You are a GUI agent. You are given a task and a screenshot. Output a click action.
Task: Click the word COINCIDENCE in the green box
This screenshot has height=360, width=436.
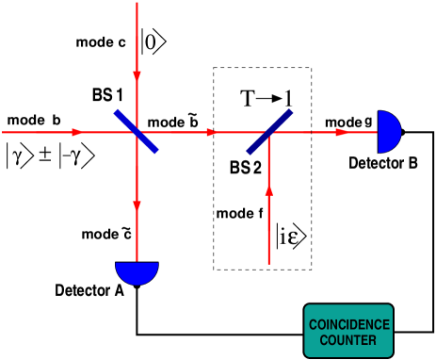click(348, 325)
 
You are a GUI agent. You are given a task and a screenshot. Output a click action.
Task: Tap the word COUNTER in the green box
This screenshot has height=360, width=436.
click(348, 340)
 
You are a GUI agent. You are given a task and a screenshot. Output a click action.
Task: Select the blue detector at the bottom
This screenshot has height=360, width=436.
click(137, 272)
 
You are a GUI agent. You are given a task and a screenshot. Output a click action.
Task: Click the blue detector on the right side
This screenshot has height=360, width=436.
click(389, 132)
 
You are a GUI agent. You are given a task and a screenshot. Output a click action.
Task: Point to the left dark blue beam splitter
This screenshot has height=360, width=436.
click(137, 132)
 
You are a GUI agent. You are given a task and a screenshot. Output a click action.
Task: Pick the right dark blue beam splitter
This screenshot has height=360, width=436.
click(269, 132)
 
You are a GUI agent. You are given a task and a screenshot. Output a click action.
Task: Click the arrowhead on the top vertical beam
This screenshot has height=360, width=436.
click(137, 74)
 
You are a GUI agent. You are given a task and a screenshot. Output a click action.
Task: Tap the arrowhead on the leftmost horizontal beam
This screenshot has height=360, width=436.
click(76, 132)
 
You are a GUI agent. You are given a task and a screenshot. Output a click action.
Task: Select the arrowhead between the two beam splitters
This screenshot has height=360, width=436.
click(212, 132)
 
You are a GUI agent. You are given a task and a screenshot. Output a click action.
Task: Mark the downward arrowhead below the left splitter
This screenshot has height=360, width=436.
click(137, 205)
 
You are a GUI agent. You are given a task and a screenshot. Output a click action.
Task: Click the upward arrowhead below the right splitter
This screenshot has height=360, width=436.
click(269, 191)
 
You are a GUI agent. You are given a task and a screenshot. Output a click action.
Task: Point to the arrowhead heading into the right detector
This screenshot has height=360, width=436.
click(343, 132)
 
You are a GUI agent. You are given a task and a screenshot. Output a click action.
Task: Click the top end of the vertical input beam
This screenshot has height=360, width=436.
click(137, 3)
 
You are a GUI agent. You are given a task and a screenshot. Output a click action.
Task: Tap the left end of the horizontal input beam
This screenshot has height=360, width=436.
click(3, 132)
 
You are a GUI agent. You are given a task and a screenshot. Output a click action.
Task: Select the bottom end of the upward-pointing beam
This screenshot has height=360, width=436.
click(269, 264)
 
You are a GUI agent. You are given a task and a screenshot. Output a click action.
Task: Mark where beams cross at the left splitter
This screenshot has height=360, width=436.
click(137, 132)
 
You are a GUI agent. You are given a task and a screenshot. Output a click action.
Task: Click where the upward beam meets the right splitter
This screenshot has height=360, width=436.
click(269, 133)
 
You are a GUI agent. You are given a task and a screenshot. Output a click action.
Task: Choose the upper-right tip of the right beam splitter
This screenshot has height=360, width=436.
click(291, 111)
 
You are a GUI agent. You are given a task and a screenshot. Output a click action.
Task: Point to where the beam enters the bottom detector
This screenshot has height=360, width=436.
click(137, 263)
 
